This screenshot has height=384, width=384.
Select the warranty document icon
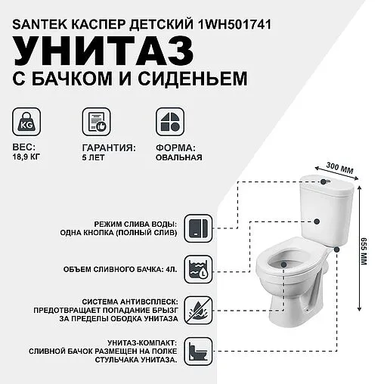[94, 121]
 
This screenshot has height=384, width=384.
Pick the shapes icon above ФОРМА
[166, 121]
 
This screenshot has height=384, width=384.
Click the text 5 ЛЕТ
[94, 158]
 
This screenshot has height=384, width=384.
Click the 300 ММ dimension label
[335, 167]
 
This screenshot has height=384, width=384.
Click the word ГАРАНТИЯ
[108, 147]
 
